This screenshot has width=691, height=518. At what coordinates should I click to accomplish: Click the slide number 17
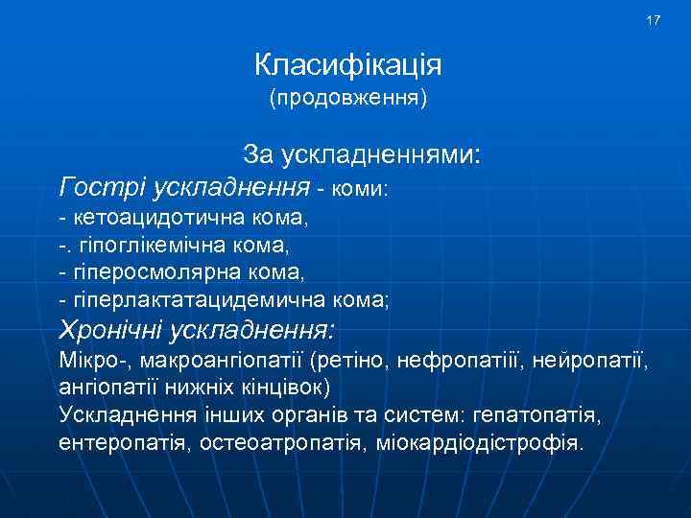[x=654, y=20]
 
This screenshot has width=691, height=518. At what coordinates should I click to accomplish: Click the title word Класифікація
[x=347, y=65]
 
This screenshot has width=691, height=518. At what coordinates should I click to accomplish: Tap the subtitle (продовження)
[x=347, y=98]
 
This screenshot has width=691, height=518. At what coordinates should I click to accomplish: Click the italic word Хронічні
[x=110, y=331]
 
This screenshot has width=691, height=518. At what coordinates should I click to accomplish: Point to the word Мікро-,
[x=95, y=362]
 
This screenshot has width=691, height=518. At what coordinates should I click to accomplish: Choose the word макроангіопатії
[x=223, y=362]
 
